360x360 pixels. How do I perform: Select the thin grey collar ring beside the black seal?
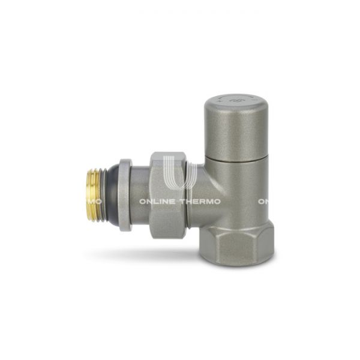point(125,195)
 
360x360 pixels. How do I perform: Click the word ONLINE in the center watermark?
point(158,202)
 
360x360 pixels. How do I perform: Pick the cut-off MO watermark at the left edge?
point(96,202)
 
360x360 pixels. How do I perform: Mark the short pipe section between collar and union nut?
point(140,195)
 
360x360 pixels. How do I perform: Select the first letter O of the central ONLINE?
point(143,202)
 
